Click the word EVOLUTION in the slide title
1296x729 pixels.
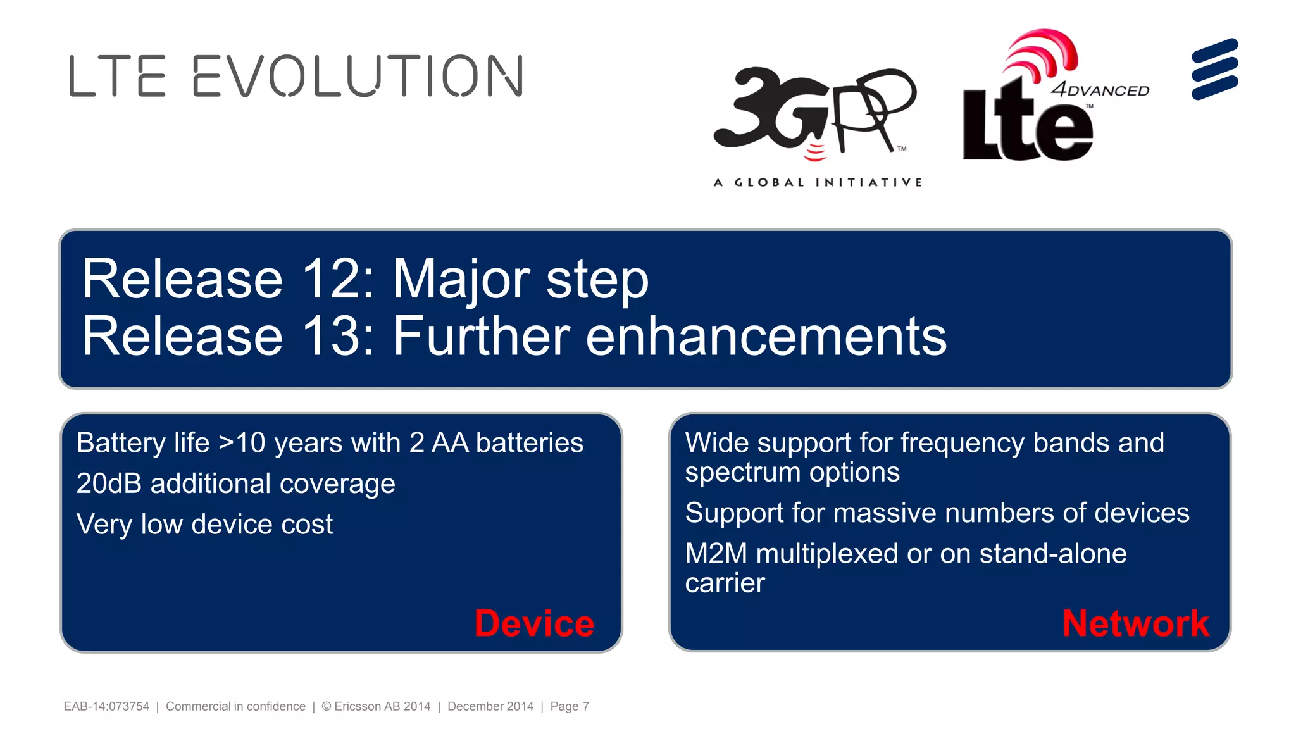coord(358,76)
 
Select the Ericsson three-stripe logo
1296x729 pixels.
coord(1214,69)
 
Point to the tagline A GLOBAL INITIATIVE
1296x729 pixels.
coord(818,182)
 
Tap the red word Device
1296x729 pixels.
coord(534,623)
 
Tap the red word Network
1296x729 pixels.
coord(1135,623)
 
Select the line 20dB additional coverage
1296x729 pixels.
coord(235,484)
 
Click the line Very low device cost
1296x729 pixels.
coord(204,525)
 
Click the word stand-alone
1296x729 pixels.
coord(1052,554)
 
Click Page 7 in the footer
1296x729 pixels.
coord(570,706)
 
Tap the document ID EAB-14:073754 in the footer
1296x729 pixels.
coord(106,706)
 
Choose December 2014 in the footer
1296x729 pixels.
coord(490,706)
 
